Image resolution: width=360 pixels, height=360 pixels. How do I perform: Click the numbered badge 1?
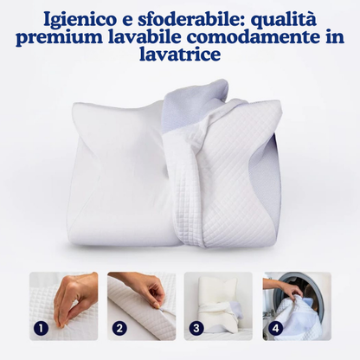pyautogui.click(x=42, y=328)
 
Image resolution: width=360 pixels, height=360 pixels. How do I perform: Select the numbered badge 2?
pyautogui.click(x=119, y=328)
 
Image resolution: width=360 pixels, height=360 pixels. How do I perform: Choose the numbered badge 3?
pyautogui.click(x=197, y=328)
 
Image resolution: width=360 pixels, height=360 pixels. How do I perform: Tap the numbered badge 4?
pyautogui.click(x=274, y=328)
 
